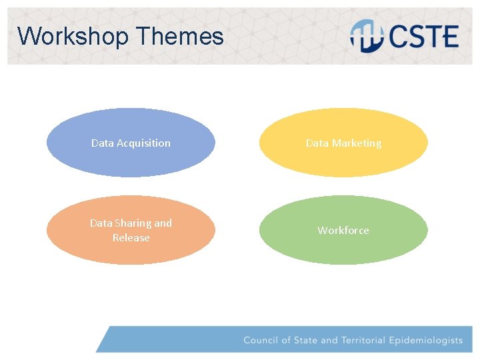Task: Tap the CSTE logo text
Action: tap(424, 37)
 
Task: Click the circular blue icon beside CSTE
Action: tap(367, 36)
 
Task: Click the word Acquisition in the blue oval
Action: tap(143, 143)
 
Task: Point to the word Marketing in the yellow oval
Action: tap(357, 143)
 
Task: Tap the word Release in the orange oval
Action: tap(131, 238)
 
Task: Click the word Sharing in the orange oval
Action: tap(133, 223)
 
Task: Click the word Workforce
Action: tap(343, 231)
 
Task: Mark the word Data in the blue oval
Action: tap(103, 143)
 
